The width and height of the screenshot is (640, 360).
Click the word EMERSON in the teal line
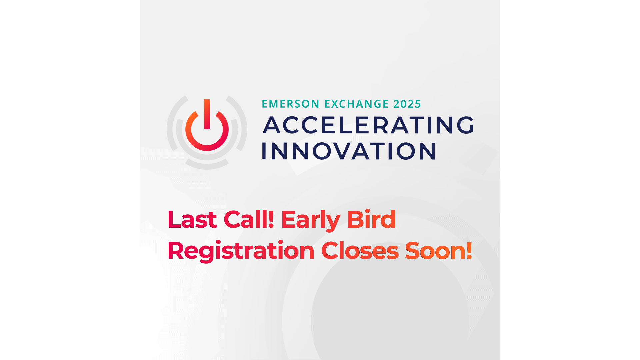tap(290, 104)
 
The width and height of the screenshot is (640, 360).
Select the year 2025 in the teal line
tap(407, 104)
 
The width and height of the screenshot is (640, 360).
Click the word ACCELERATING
tap(368, 125)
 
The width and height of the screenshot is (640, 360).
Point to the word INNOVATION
tap(349, 151)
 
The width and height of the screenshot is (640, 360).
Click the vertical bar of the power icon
tap(207, 114)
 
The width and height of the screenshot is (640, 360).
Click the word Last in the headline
tap(192, 220)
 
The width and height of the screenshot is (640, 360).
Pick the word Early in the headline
tap(310, 220)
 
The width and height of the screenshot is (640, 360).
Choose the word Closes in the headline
tap(360, 251)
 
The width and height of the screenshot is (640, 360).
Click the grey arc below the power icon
tap(207, 165)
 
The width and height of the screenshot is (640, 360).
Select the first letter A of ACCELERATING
tap(272, 125)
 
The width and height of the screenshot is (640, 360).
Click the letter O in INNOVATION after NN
tap(322, 151)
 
